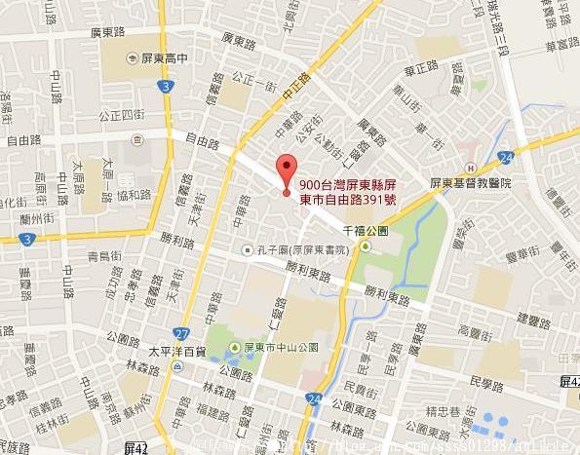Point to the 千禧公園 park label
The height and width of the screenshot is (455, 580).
click(x=367, y=231)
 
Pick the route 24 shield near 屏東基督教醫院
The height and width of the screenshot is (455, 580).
click(x=505, y=157)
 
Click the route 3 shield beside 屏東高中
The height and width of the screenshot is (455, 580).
click(x=168, y=87)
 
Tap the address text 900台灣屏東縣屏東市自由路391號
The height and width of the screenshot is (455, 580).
click(x=347, y=192)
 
